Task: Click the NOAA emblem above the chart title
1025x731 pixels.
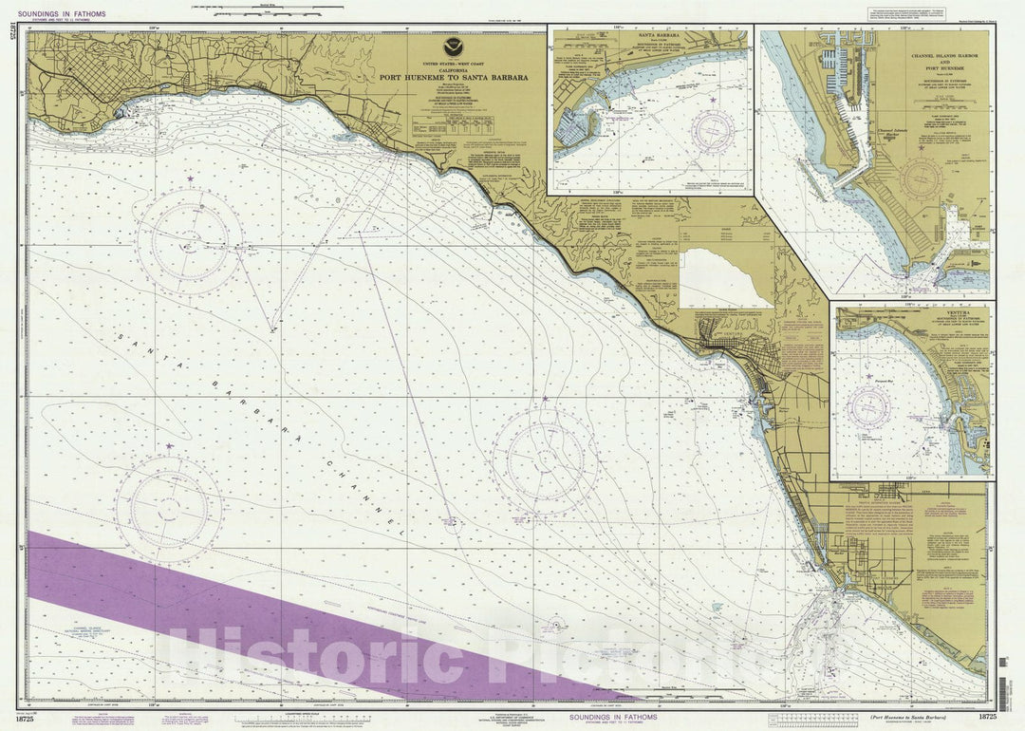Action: (x=454, y=47)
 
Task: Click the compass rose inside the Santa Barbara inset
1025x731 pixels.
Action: (x=713, y=130)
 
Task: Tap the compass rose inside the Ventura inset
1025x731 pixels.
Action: (x=869, y=405)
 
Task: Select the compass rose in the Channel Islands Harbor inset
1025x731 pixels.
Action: (x=921, y=177)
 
